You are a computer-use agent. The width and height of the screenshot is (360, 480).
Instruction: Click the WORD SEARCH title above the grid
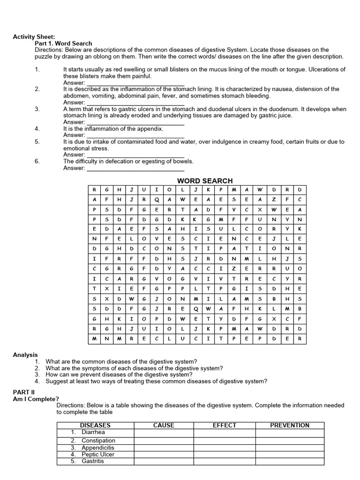[x=204, y=181]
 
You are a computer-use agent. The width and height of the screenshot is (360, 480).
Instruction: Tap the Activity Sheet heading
[x=34, y=37]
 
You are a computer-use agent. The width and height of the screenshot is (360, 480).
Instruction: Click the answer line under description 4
[x=135, y=135]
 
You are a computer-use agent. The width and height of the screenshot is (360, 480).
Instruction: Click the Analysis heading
[x=25, y=355]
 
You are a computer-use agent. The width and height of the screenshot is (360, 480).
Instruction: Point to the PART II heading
[x=23, y=391]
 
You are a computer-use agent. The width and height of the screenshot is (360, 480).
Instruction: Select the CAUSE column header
[x=164, y=425]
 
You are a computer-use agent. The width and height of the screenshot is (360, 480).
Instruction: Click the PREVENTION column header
[x=289, y=425]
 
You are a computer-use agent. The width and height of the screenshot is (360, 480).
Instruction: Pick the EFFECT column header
[x=225, y=425]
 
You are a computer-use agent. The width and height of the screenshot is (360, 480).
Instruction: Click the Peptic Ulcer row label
[x=97, y=454]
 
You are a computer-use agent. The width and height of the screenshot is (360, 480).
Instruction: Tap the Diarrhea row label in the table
[x=93, y=432]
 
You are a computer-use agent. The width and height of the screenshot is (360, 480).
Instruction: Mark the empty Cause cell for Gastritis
[x=164, y=461]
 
